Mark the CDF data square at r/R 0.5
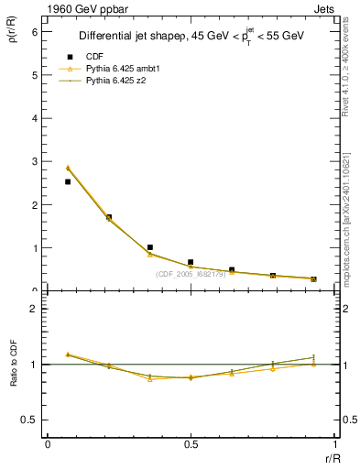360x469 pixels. point(191,262)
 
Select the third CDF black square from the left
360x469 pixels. point(149,247)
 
